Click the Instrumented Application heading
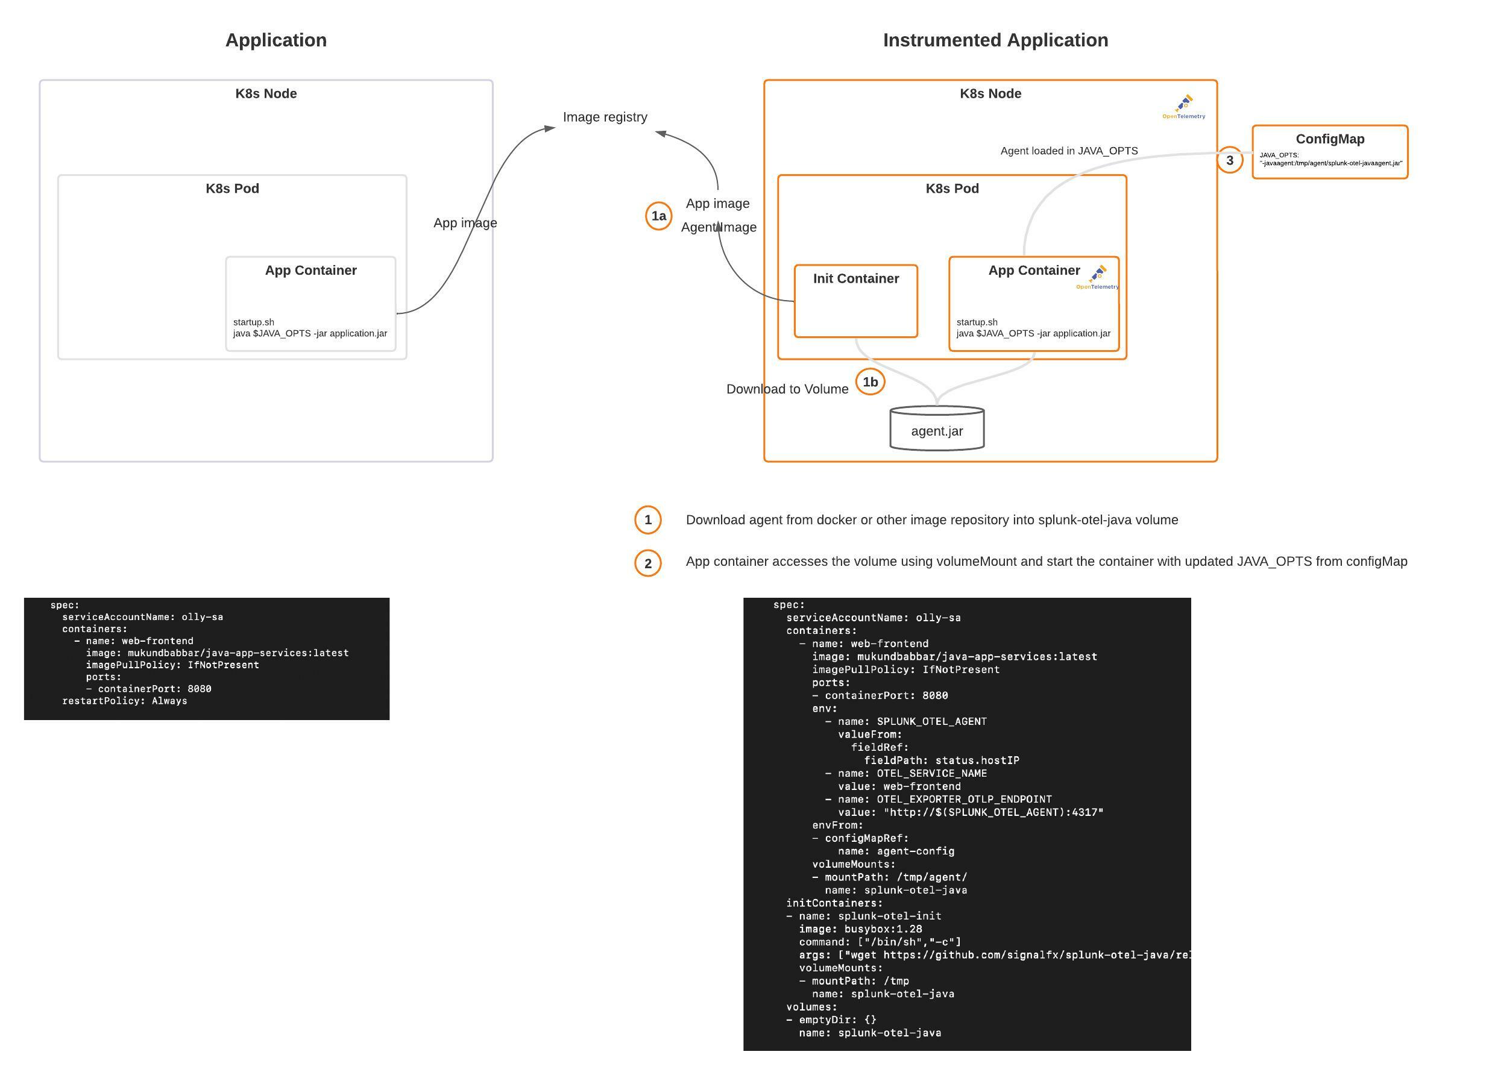click(x=995, y=40)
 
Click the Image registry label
click(x=604, y=118)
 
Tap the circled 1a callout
click(x=658, y=216)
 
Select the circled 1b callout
click(x=869, y=382)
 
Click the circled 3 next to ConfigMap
click(x=1229, y=160)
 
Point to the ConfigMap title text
click(x=1329, y=139)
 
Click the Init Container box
click(x=855, y=301)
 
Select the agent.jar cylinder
click(x=936, y=429)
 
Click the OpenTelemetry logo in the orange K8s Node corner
click(x=1183, y=107)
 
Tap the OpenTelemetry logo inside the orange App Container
click(x=1097, y=277)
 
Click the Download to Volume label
click(x=787, y=389)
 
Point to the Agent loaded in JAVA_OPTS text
click(x=1069, y=151)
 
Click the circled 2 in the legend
click(x=647, y=563)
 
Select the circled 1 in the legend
click(x=647, y=520)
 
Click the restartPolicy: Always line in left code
click(x=125, y=701)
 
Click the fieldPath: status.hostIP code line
click(x=941, y=760)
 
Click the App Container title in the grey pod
click(x=310, y=271)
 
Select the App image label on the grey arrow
click(x=465, y=223)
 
